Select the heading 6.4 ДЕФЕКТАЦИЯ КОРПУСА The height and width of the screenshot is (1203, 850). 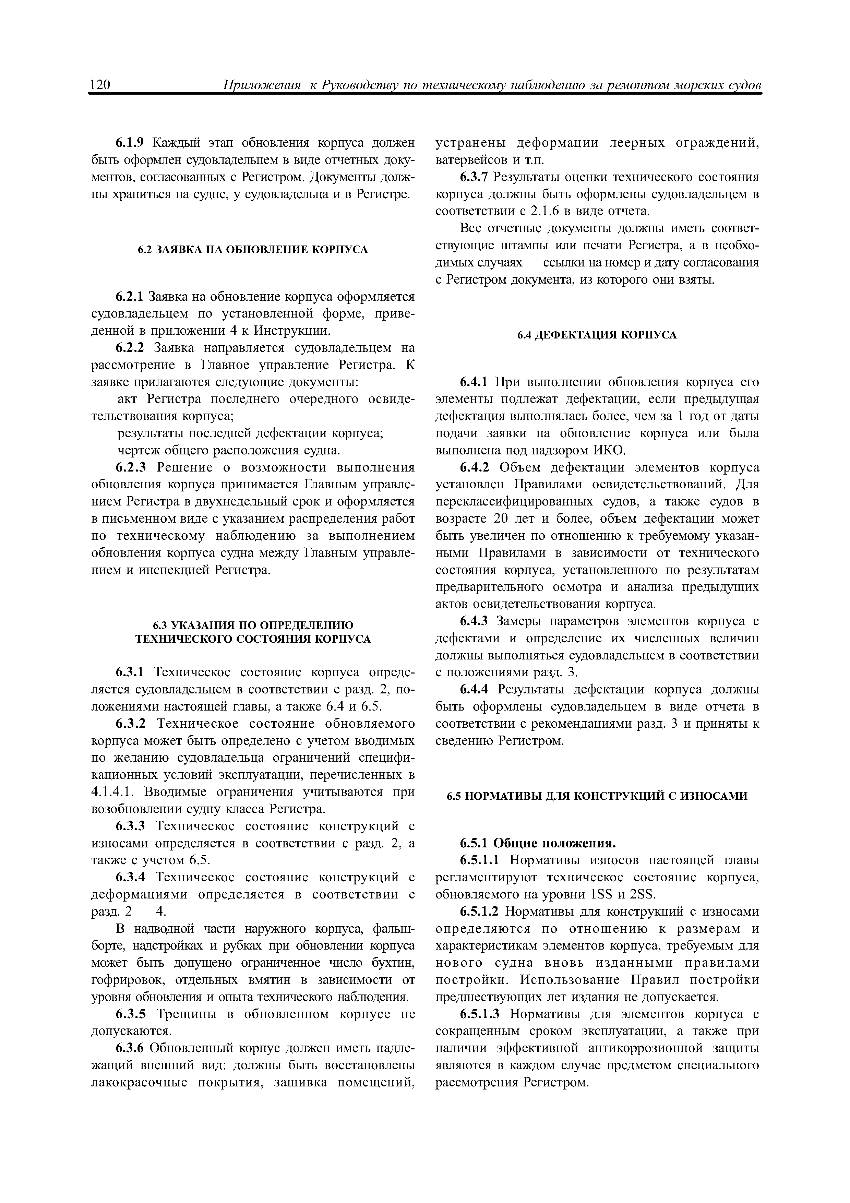pos(597,335)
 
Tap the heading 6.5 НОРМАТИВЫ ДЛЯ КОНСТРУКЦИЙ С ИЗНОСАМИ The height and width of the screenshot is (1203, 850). pos(597,796)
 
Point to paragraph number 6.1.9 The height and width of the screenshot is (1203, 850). pos(132,143)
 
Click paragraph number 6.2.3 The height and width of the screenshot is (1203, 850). pos(132,467)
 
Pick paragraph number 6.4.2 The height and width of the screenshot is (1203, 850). pos(474,467)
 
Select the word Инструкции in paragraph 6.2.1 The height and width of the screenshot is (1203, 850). pos(292,331)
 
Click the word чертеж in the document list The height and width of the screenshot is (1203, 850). pos(136,451)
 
